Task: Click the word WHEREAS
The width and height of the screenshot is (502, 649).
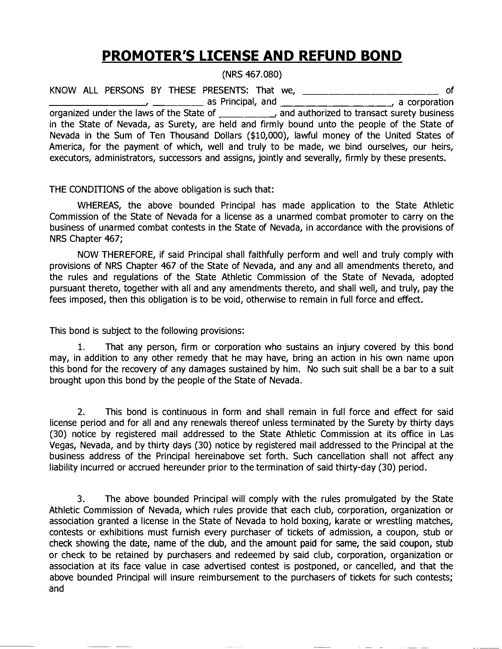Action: click(x=96, y=205)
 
